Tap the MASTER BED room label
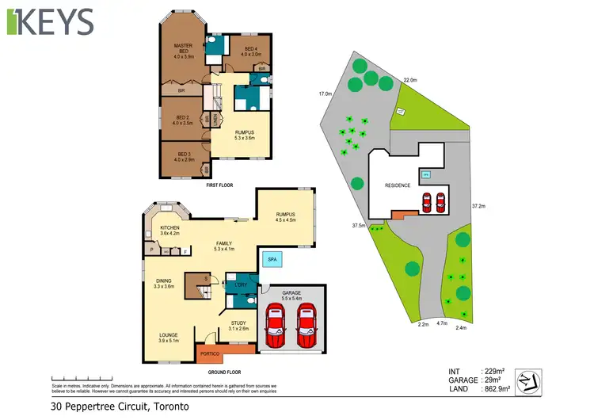[x=184, y=51]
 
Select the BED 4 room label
[x=250, y=52]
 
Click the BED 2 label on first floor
[x=183, y=120]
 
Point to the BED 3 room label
[x=184, y=157]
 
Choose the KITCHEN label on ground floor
[x=170, y=231]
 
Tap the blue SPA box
[x=272, y=259]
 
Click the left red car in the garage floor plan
[x=276, y=326]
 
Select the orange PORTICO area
[x=210, y=353]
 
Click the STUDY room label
[x=238, y=325]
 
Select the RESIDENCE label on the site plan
[x=398, y=185]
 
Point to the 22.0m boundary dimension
[x=409, y=80]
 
